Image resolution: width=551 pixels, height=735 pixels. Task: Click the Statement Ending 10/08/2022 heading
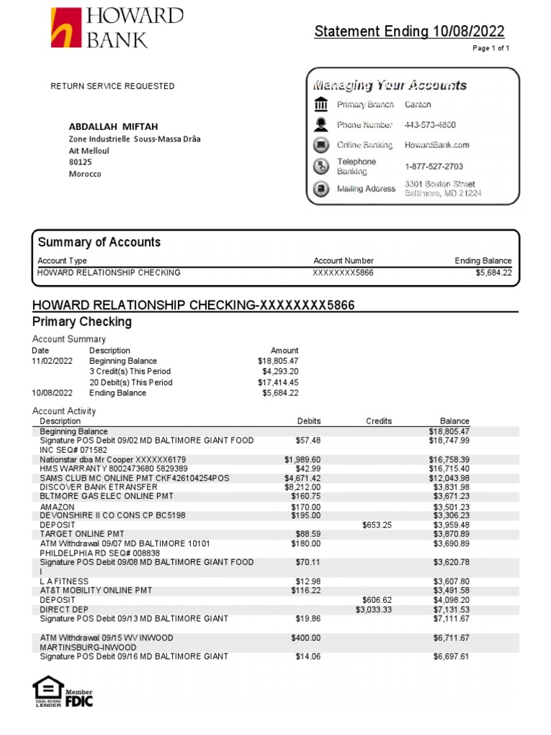[409, 32]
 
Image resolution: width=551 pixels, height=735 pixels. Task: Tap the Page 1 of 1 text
[491, 48]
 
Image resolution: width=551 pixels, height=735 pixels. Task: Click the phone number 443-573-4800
[430, 125]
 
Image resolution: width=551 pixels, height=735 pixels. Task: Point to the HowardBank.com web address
[437, 145]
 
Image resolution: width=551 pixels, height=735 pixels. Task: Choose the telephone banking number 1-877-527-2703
[433, 167]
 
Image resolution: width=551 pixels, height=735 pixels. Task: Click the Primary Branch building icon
[321, 104]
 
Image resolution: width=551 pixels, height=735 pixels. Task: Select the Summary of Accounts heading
[99, 243]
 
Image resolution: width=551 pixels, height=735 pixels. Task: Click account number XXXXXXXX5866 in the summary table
[343, 273]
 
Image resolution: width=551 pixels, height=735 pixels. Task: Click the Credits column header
[378, 421]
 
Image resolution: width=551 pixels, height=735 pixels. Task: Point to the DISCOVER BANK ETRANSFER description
[98, 487]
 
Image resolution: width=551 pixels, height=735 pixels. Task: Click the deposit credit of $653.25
[377, 525]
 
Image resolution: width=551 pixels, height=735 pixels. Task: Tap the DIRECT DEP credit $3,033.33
[374, 609]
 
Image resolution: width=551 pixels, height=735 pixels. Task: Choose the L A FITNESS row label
[65, 581]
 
